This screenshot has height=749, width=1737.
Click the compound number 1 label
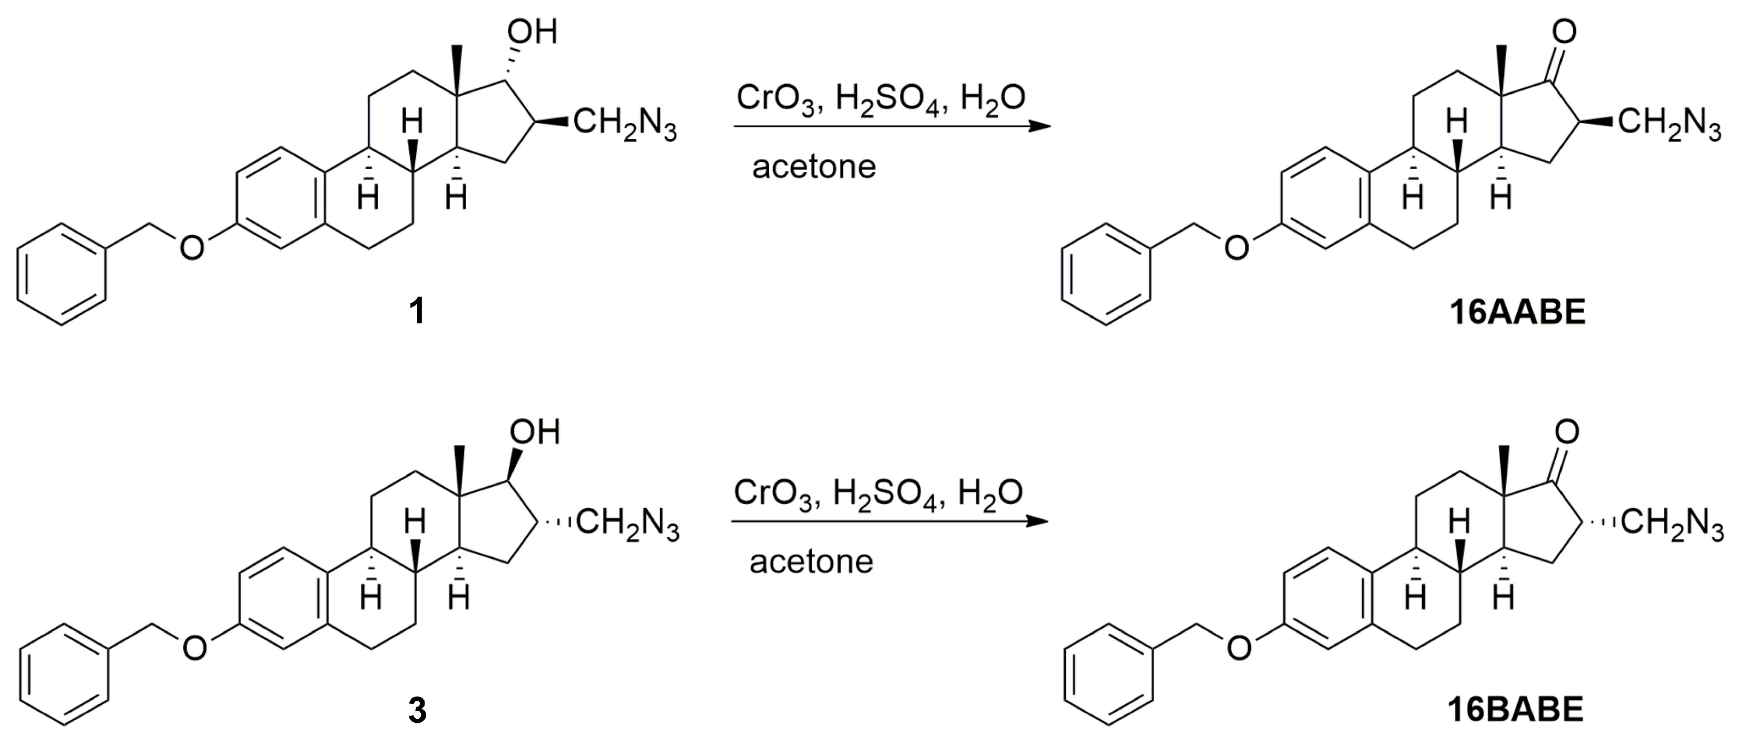pos(417,312)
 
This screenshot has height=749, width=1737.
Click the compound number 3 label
pos(417,711)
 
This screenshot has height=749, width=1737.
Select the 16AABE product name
pos(1517,312)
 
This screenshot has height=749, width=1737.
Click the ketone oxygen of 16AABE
pos(1563,31)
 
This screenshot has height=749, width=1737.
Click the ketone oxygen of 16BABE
pos(1566,431)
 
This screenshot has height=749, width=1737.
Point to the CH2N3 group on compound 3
pos(627,525)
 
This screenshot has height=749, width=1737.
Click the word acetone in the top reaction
pos(814,167)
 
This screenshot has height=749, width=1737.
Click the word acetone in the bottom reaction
pos(811,562)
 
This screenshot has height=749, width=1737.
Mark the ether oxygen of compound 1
pos(192,249)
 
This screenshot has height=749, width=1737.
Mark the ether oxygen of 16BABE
pos(1239,648)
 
